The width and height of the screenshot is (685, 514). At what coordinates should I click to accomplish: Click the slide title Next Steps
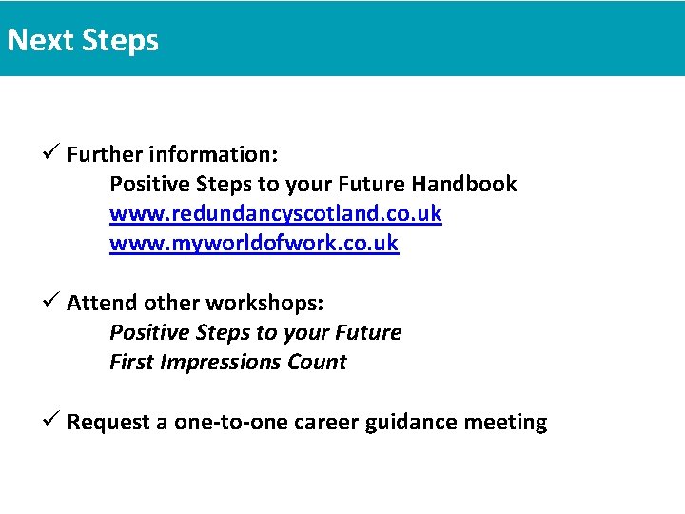[83, 41]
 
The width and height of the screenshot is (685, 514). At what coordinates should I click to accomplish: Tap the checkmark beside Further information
[52, 153]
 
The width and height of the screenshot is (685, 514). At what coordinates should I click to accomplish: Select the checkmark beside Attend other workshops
[52, 302]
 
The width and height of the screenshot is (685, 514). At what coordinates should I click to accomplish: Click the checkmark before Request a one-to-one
[52, 421]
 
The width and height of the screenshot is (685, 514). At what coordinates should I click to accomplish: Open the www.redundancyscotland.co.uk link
[275, 213]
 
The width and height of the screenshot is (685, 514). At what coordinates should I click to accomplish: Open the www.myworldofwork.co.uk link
[254, 244]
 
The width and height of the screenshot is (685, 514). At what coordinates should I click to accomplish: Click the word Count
[319, 363]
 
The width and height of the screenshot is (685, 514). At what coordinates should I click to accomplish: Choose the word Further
[101, 154]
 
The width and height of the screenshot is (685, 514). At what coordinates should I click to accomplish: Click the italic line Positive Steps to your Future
[255, 333]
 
